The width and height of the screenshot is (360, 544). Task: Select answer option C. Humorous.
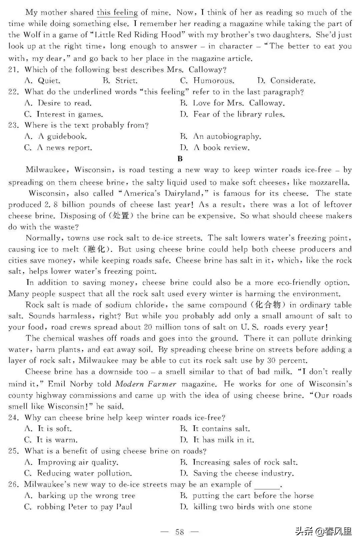[207, 81]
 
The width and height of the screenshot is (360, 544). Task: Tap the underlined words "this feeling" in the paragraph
[117, 13]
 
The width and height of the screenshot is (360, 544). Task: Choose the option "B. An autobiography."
[220, 136]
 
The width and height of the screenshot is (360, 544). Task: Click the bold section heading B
[180, 159]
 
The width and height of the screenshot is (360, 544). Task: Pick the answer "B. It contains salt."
[215, 429]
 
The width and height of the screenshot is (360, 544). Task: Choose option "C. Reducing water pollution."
[78, 473]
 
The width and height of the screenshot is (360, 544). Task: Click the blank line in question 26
[267, 485]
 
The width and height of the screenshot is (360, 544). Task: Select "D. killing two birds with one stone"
[246, 507]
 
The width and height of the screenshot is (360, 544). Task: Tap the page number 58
[180, 532]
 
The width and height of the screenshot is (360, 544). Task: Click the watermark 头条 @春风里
[323, 531]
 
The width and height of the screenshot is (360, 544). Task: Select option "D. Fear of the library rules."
[232, 114]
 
